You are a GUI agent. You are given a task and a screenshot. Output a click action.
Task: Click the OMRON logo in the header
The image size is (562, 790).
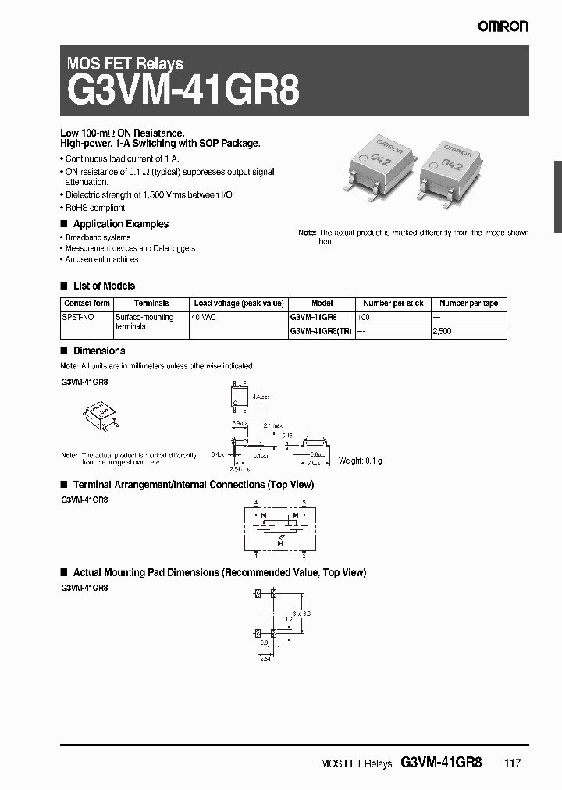503,27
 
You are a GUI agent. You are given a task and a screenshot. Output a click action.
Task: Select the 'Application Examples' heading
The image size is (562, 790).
120,224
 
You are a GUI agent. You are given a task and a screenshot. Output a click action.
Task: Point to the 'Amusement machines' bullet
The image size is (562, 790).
101,259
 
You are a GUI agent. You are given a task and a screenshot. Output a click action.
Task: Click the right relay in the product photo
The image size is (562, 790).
462,166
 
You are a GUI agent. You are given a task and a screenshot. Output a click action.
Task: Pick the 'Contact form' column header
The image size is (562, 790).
87,303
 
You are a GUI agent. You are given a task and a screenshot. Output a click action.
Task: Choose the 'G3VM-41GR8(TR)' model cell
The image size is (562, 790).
321,331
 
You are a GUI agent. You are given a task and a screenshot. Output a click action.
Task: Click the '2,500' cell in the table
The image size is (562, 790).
443,331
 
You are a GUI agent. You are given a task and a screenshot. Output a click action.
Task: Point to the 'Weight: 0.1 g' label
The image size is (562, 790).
360,461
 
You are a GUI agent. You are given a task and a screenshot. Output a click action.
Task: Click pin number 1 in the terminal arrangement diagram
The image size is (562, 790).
257,557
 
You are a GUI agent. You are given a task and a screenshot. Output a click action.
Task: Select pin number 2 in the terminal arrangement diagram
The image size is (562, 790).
304,557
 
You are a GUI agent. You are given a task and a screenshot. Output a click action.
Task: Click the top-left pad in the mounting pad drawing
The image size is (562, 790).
258,594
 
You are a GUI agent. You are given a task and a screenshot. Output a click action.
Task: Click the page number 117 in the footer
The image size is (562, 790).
512,763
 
